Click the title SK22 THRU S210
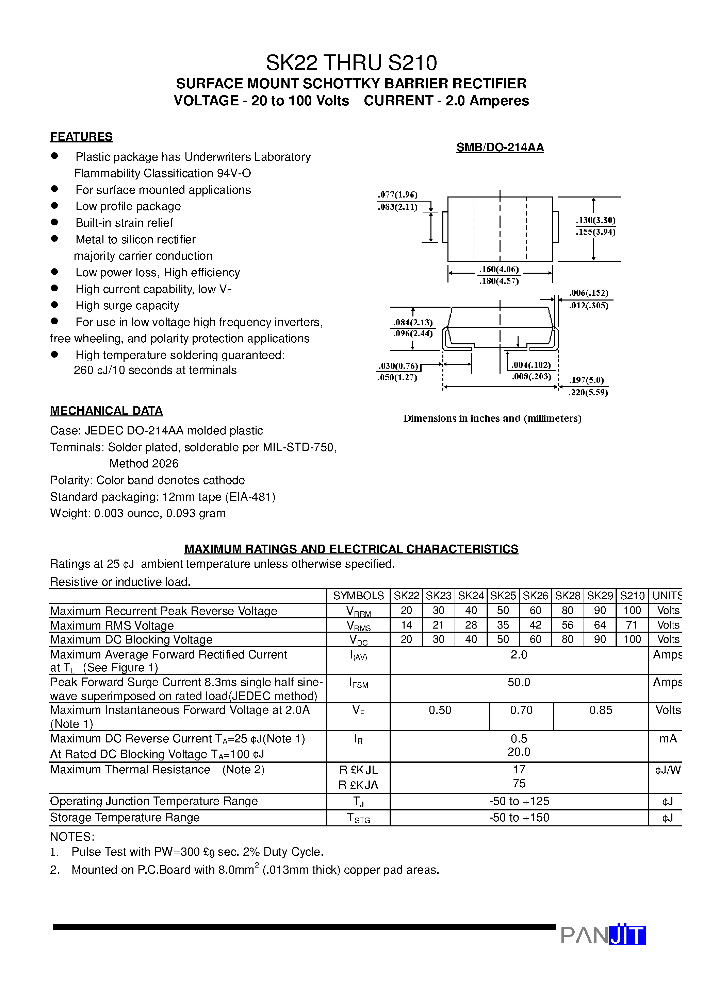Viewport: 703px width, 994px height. click(351, 63)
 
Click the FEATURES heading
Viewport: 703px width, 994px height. click(81, 137)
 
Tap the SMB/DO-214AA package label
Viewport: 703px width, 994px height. click(500, 148)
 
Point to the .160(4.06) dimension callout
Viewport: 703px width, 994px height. click(498, 269)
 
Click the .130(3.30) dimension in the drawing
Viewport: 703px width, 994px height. click(595, 220)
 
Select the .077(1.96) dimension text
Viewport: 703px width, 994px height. click(397, 195)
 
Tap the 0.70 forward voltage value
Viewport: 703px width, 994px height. click(521, 710)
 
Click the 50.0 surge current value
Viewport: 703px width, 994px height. click(519, 682)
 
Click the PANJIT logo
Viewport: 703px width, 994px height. click(603, 935)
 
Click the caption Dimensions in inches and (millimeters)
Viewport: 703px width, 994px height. click(492, 418)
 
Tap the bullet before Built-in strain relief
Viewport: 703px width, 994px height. click(54, 222)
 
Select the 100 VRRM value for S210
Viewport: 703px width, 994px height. click(632, 611)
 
